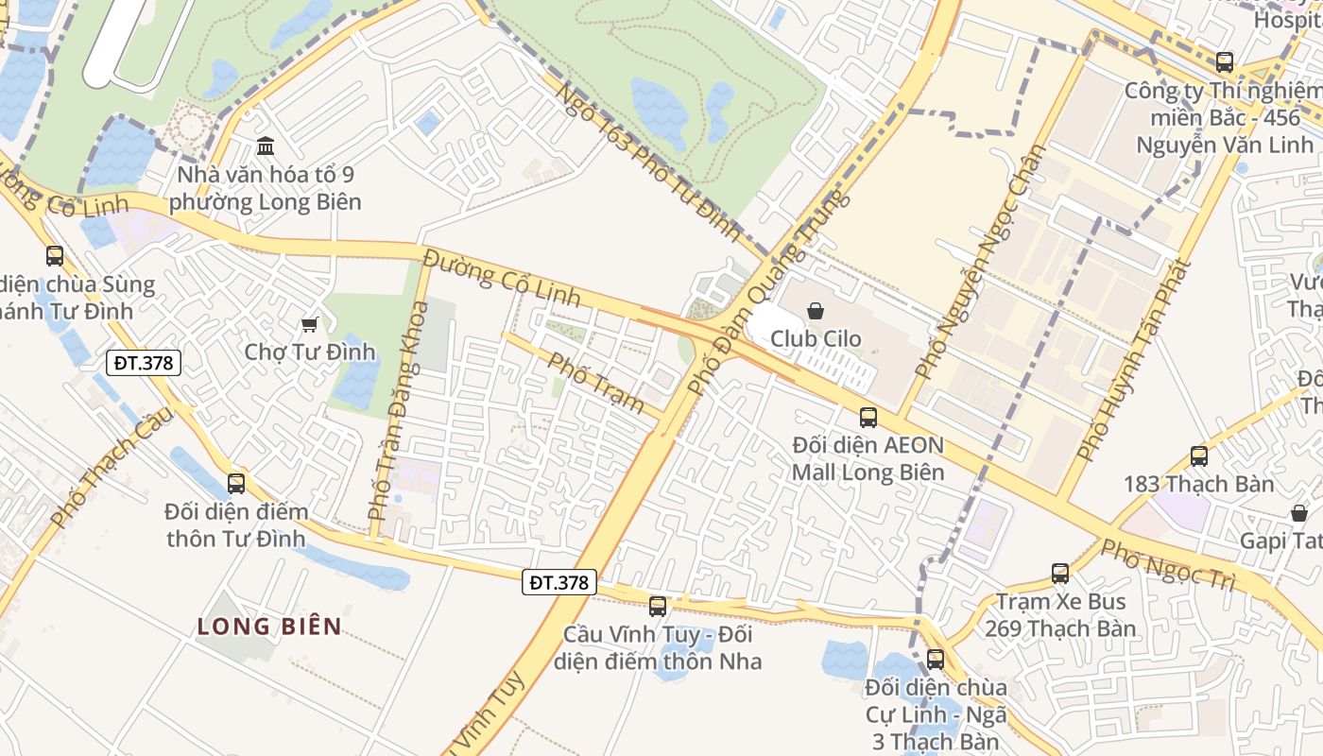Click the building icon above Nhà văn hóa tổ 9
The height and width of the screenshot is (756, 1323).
(x=266, y=146)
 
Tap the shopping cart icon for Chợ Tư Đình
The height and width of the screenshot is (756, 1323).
(x=309, y=325)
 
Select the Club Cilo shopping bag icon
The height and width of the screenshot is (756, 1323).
(x=816, y=310)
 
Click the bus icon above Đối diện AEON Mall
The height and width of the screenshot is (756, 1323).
(x=868, y=417)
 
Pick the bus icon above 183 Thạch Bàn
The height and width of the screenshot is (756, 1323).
(x=1199, y=456)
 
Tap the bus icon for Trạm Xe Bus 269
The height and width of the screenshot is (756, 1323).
(x=1060, y=574)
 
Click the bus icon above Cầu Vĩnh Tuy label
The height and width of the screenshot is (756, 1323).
(x=658, y=607)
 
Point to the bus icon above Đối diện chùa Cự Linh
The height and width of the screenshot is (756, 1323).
(x=936, y=660)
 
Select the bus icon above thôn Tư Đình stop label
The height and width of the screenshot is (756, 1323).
(x=236, y=484)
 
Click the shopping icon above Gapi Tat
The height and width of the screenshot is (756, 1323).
(x=1299, y=513)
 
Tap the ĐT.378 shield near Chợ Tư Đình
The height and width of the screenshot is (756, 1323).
(x=143, y=362)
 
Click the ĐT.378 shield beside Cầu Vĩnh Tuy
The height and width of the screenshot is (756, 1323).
(x=559, y=582)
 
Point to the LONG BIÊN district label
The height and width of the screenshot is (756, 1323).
(x=269, y=626)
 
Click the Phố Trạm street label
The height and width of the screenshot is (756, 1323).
(x=596, y=382)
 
